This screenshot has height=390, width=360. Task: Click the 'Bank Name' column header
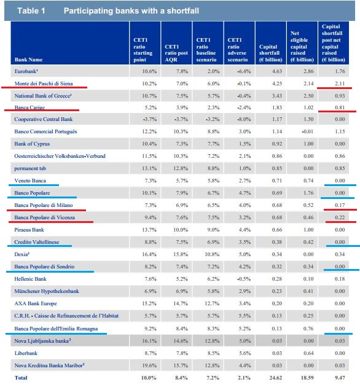(x=28, y=60)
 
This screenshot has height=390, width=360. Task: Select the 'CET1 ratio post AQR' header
(x=176, y=53)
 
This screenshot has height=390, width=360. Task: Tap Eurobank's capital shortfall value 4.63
(x=277, y=71)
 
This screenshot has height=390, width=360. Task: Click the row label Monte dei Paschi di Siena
(x=44, y=84)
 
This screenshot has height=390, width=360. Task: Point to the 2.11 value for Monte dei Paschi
(x=340, y=84)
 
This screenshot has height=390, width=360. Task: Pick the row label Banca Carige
(x=29, y=107)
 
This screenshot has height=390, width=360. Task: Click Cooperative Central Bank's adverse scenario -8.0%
(x=244, y=119)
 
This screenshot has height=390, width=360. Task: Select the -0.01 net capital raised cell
(x=307, y=131)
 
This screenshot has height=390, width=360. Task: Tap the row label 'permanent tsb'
(x=30, y=168)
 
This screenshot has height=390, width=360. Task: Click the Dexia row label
(x=22, y=254)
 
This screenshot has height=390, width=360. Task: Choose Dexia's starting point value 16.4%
(x=149, y=254)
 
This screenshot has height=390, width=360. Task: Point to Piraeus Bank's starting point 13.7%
(x=149, y=230)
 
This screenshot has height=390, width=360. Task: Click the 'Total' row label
(x=21, y=378)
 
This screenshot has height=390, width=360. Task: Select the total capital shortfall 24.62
(x=275, y=378)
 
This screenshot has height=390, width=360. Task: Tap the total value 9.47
(x=340, y=378)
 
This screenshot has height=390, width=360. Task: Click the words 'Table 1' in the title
(x=31, y=10)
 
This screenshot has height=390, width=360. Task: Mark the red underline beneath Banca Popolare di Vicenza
(x=51, y=222)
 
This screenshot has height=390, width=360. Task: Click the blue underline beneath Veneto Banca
(x=34, y=185)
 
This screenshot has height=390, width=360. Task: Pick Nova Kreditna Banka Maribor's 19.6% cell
(x=149, y=365)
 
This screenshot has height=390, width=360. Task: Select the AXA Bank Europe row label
(x=36, y=303)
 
